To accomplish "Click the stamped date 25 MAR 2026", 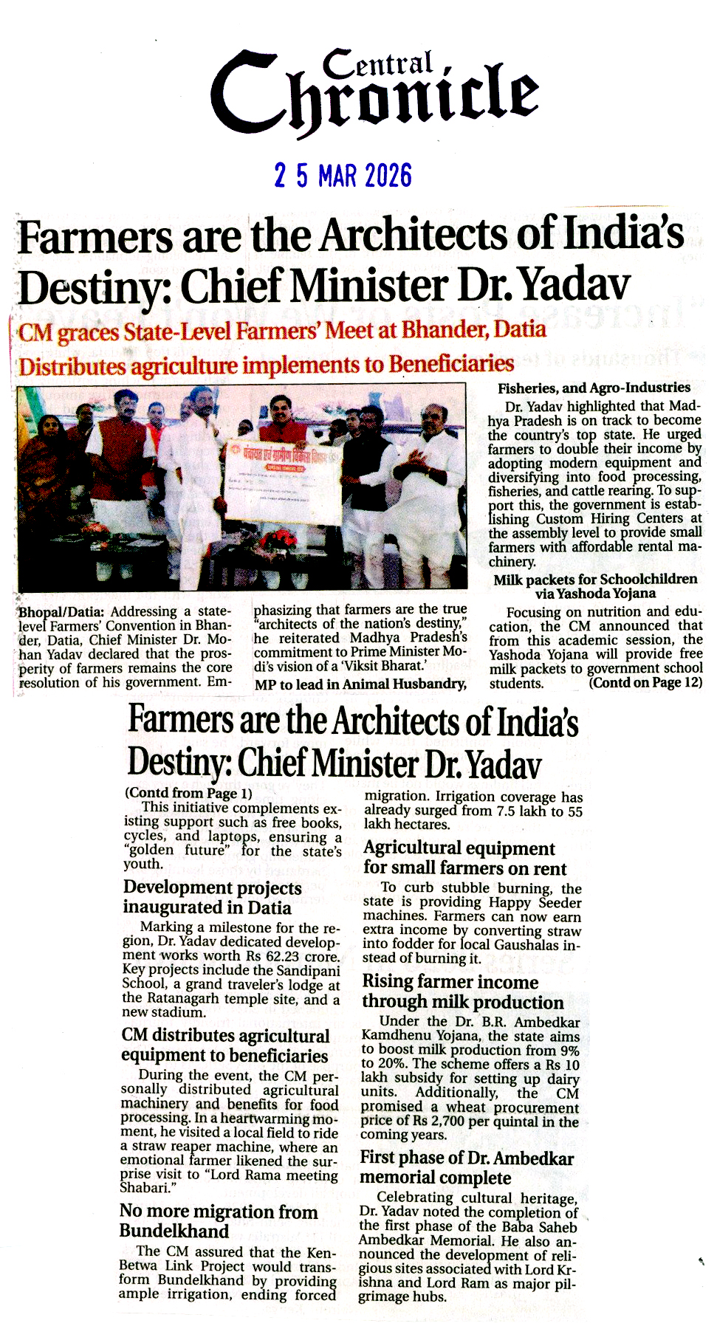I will click(x=343, y=176).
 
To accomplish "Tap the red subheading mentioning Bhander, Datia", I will click(x=282, y=331).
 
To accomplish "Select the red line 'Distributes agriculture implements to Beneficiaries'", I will click(x=266, y=365).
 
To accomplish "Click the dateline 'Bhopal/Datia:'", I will click(x=61, y=612).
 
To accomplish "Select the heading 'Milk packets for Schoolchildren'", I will click(x=595, y=580).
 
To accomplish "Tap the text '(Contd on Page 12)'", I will click(x=645, y=683).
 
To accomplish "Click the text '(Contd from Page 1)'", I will click(x=188, y=793).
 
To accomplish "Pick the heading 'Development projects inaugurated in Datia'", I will click(x=212, y=897).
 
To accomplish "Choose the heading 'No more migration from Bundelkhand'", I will click(x=219, y=1221).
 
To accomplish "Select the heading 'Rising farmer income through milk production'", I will click(x=462, y=992).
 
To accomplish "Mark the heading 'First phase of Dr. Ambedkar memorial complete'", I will click(x=466, y=1167).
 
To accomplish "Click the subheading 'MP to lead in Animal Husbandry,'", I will click(x=360, y=684).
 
